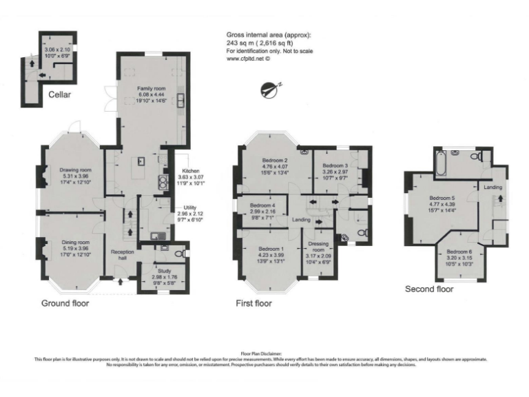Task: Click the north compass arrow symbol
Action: (271, 88)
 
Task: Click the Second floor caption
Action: (429, 289)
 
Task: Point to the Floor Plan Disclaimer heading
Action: (264, 352)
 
